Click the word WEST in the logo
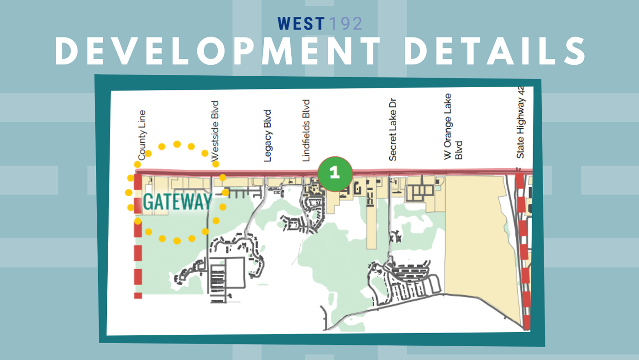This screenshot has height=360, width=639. pos(301,24)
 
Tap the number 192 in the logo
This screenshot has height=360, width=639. pos(346,24)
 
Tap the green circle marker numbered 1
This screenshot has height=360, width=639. pos(335,173)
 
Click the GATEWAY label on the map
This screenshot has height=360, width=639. pos(178,202)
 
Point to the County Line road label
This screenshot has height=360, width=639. pos(141,135)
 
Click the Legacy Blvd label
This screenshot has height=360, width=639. pos(268,136)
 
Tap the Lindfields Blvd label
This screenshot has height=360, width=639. pos(306,130)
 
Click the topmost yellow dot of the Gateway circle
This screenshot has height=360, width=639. pos(177,144)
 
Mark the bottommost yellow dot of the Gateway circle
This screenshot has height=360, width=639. pos(177,240)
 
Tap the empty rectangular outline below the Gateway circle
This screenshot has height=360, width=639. pos(236,272)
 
